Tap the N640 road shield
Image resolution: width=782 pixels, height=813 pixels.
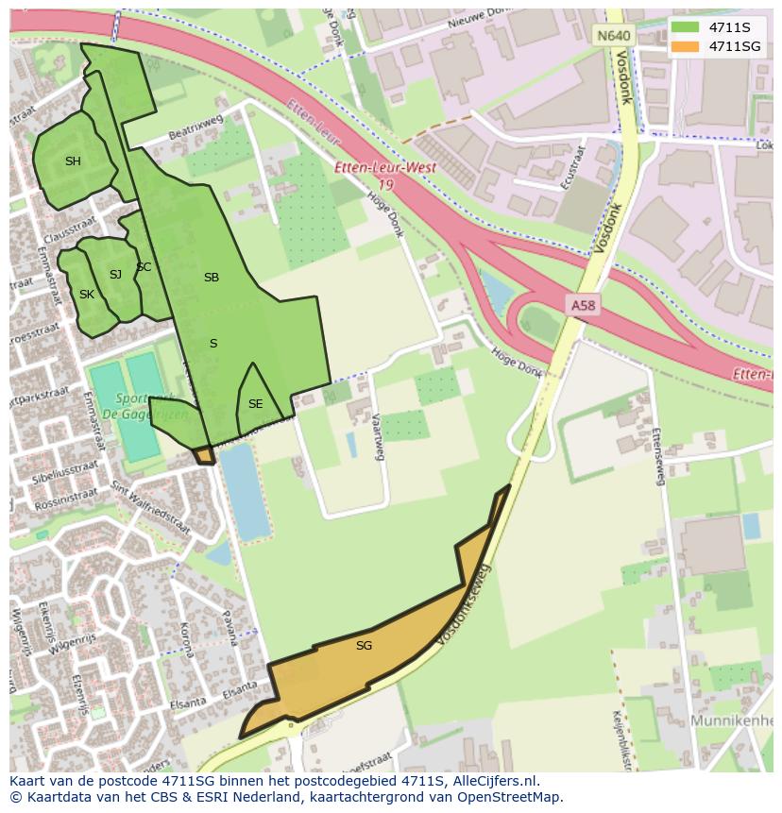pos(613,36)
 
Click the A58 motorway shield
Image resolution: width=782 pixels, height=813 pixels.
pos(583,305)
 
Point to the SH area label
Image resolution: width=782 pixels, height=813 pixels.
pos(73,161)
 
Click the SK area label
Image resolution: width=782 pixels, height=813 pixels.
pos(87,295)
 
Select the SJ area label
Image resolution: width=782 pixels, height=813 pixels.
pos(115,275)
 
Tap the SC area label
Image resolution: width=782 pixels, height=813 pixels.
pos(144,267)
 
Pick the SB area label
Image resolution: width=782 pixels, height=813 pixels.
pos(212,278)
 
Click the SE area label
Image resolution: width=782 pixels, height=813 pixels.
pos(255,404)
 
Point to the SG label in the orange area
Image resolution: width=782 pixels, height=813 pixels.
pos(364,646)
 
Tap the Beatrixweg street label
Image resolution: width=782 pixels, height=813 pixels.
pos(195,128)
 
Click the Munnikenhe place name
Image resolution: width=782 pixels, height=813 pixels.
pos(731,720)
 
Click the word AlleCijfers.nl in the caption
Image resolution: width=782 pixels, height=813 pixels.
pos(493,781)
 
